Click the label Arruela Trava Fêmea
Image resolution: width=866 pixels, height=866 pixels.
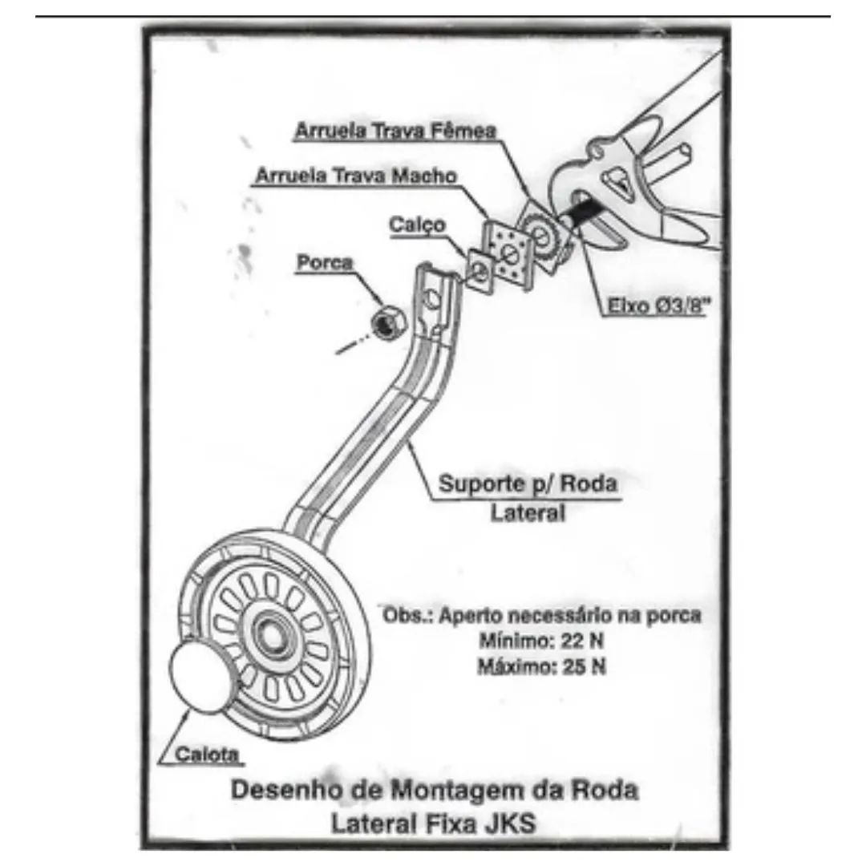(x=395, y=131)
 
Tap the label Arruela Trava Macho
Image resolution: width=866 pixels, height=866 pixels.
(x=356, y=176)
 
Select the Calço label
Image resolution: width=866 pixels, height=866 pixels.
(x=417, y=225)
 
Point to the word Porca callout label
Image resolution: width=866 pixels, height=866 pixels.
(x=325, y=261)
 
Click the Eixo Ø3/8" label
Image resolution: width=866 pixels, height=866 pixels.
(x=658, y=306)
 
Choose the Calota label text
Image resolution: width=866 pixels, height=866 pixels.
(x=207, y=754)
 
